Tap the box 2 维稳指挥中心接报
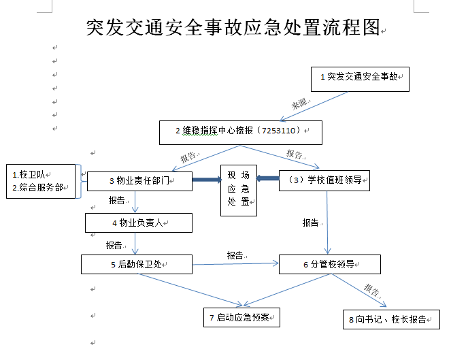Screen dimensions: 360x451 coord(239,131)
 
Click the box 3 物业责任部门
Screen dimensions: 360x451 coord(139,181)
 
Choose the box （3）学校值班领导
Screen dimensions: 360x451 coord(324,180)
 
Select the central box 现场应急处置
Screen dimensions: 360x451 coord(239,191)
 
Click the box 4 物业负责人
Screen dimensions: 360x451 coord(138,223)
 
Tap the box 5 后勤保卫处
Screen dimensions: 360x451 coord(137,264)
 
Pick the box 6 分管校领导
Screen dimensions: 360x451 coord(329,264)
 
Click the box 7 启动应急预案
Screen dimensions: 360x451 coord(241,317)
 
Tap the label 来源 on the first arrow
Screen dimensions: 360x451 coord(300,104)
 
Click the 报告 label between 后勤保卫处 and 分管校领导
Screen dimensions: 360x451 coord(235,255)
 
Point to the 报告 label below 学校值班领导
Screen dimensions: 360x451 coord(310,223)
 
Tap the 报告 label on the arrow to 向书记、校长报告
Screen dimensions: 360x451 coord(372,291)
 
